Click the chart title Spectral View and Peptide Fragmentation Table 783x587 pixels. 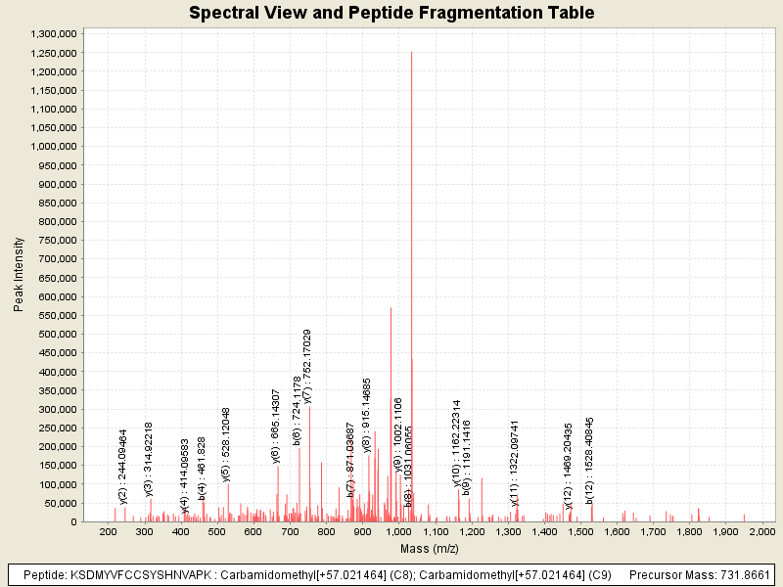point(391,13)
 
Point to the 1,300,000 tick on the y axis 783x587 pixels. point(55,33)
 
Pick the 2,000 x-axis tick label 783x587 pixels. point(761,531)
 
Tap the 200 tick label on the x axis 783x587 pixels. point(108,531)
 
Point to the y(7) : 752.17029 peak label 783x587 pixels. point(307,367)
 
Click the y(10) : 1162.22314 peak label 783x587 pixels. point(456,442)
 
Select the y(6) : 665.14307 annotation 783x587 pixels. point(276,426)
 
